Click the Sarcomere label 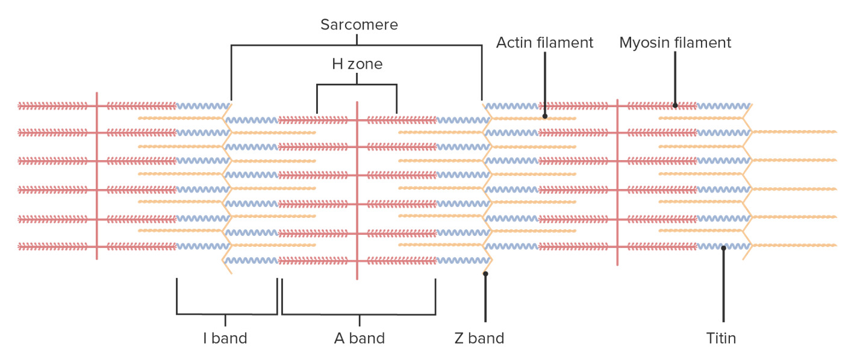click(359, 25)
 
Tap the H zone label click(357, 63)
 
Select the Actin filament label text click(544, 43)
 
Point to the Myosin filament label click(675, 43)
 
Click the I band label click(225, 338)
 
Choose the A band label click(360, 338)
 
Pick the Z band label click(479, 338)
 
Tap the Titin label click(721, 338)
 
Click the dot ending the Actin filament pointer click(544, 116)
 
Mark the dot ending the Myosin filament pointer click(675, 105)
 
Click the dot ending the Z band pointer click(485, 274)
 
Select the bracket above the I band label click(226, 314)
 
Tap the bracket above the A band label click(358, 314)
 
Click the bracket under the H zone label click(357, 85)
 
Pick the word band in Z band click(488, 338)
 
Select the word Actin click(513, 43)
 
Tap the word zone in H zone click(366, 63)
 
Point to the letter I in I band click(205, 338)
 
